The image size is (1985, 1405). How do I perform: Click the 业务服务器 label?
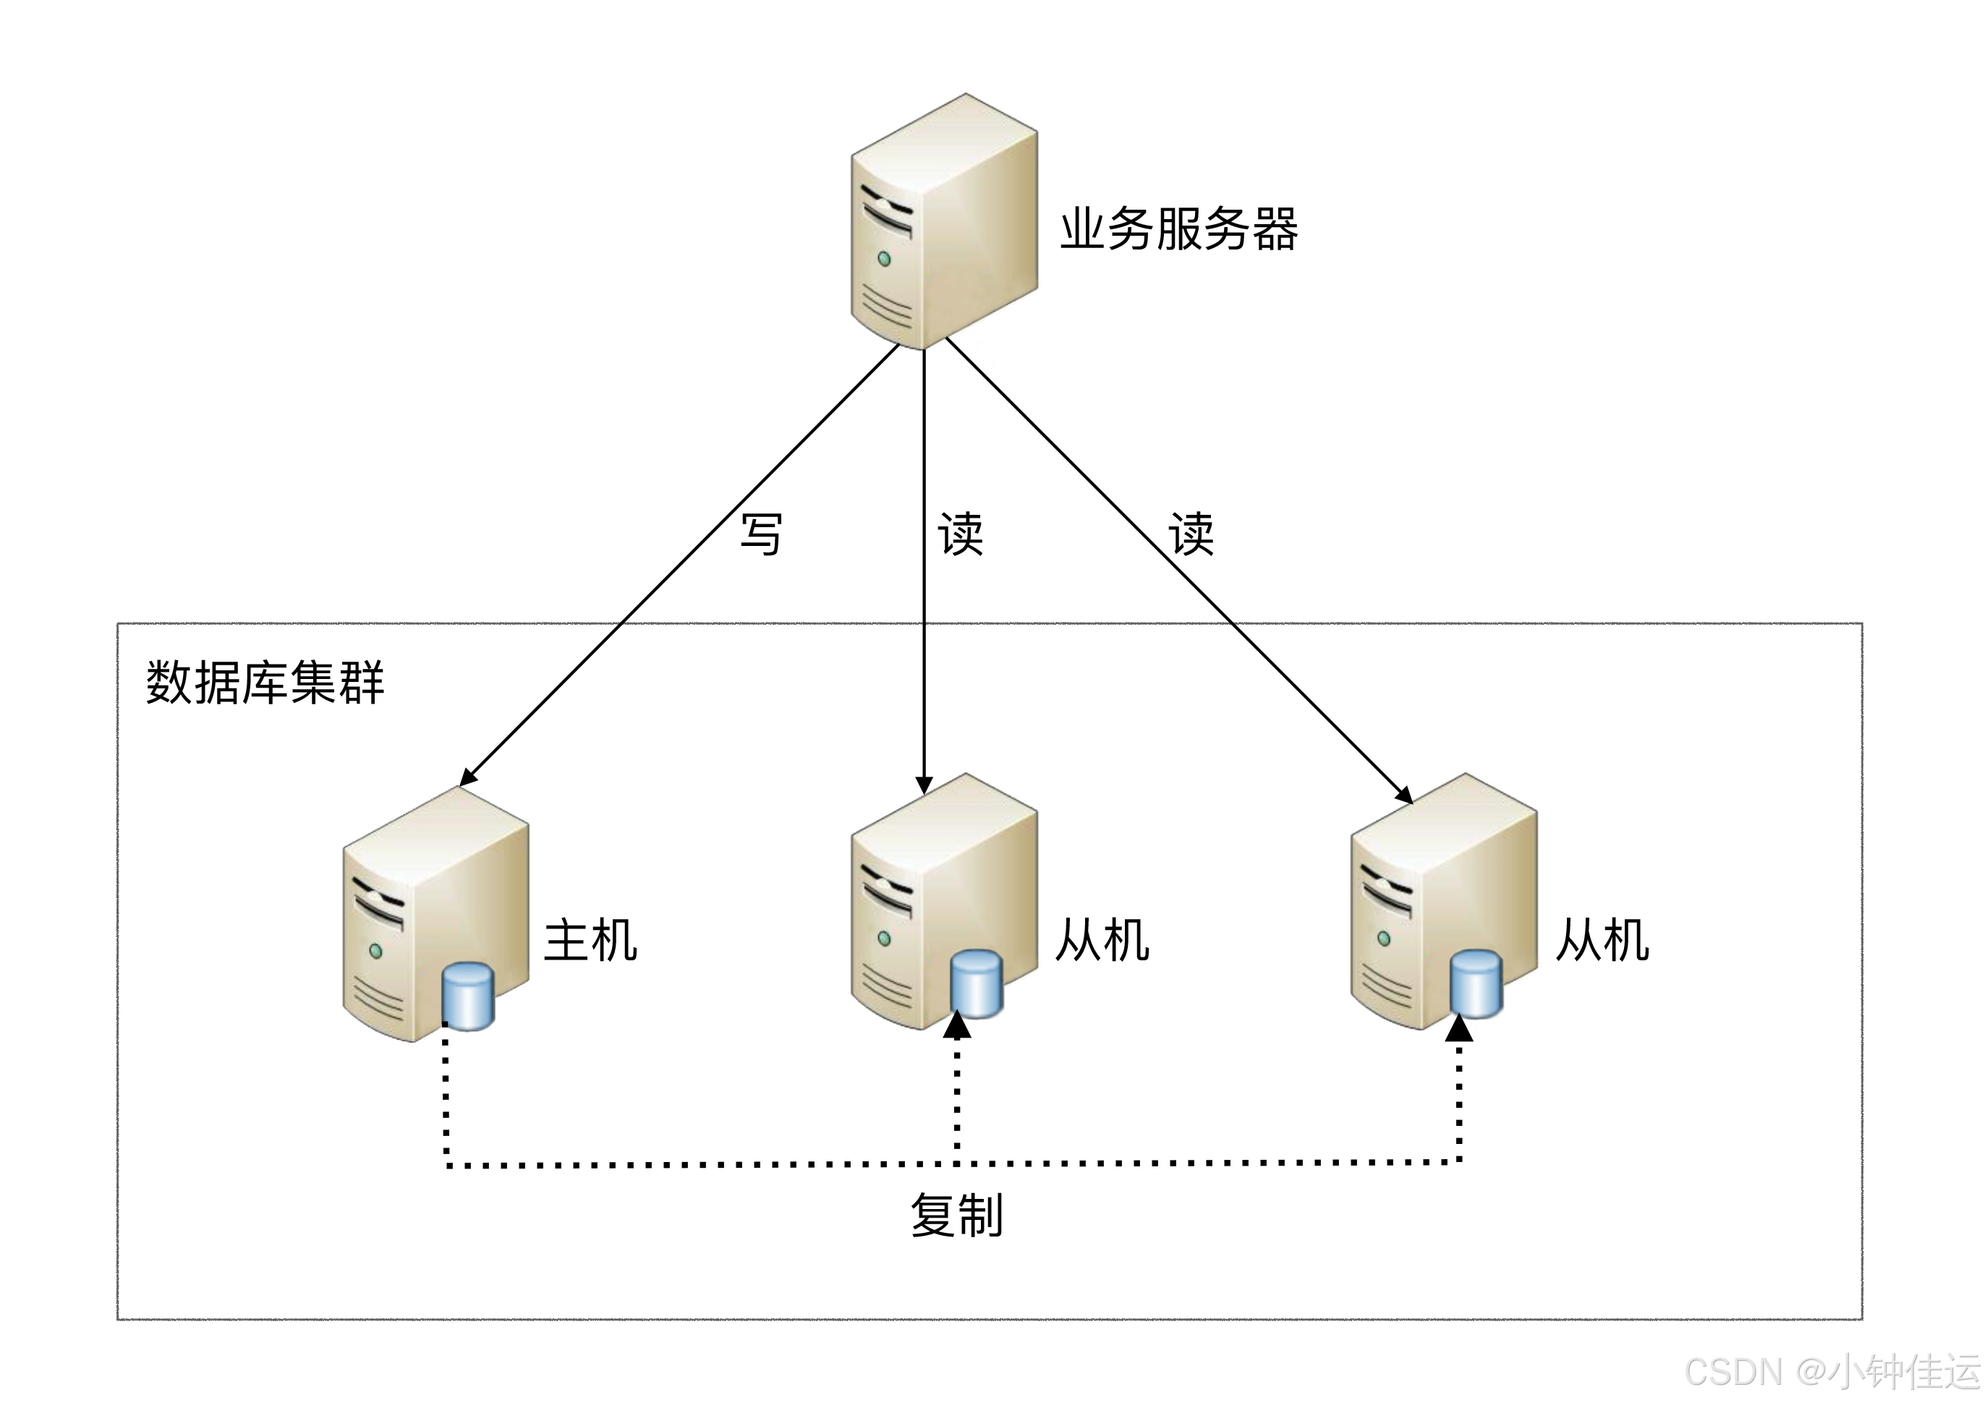pos(1178,229)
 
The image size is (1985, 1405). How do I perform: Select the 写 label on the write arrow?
pos(762,534)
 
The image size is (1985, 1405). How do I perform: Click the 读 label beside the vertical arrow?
pos(961,534)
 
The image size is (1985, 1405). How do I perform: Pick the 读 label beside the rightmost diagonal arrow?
pos(1191,534)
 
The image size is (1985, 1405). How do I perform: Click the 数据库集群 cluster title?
pos(265,683)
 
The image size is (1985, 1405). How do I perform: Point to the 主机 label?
pos(591,941)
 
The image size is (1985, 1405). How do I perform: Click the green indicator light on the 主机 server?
pos(375,951)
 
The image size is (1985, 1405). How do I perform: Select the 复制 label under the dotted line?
pos(957,1215)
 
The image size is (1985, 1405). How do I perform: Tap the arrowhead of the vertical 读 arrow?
pos(925,785)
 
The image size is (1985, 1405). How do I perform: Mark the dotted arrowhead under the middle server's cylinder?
pos(957,1027)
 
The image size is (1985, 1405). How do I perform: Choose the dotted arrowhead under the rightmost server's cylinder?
pos(1460,1028)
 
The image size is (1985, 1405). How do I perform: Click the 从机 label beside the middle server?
pos(1102,941)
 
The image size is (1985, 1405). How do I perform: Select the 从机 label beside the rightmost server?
pos(1602,941)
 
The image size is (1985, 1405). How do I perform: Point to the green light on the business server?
pos(884,259)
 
